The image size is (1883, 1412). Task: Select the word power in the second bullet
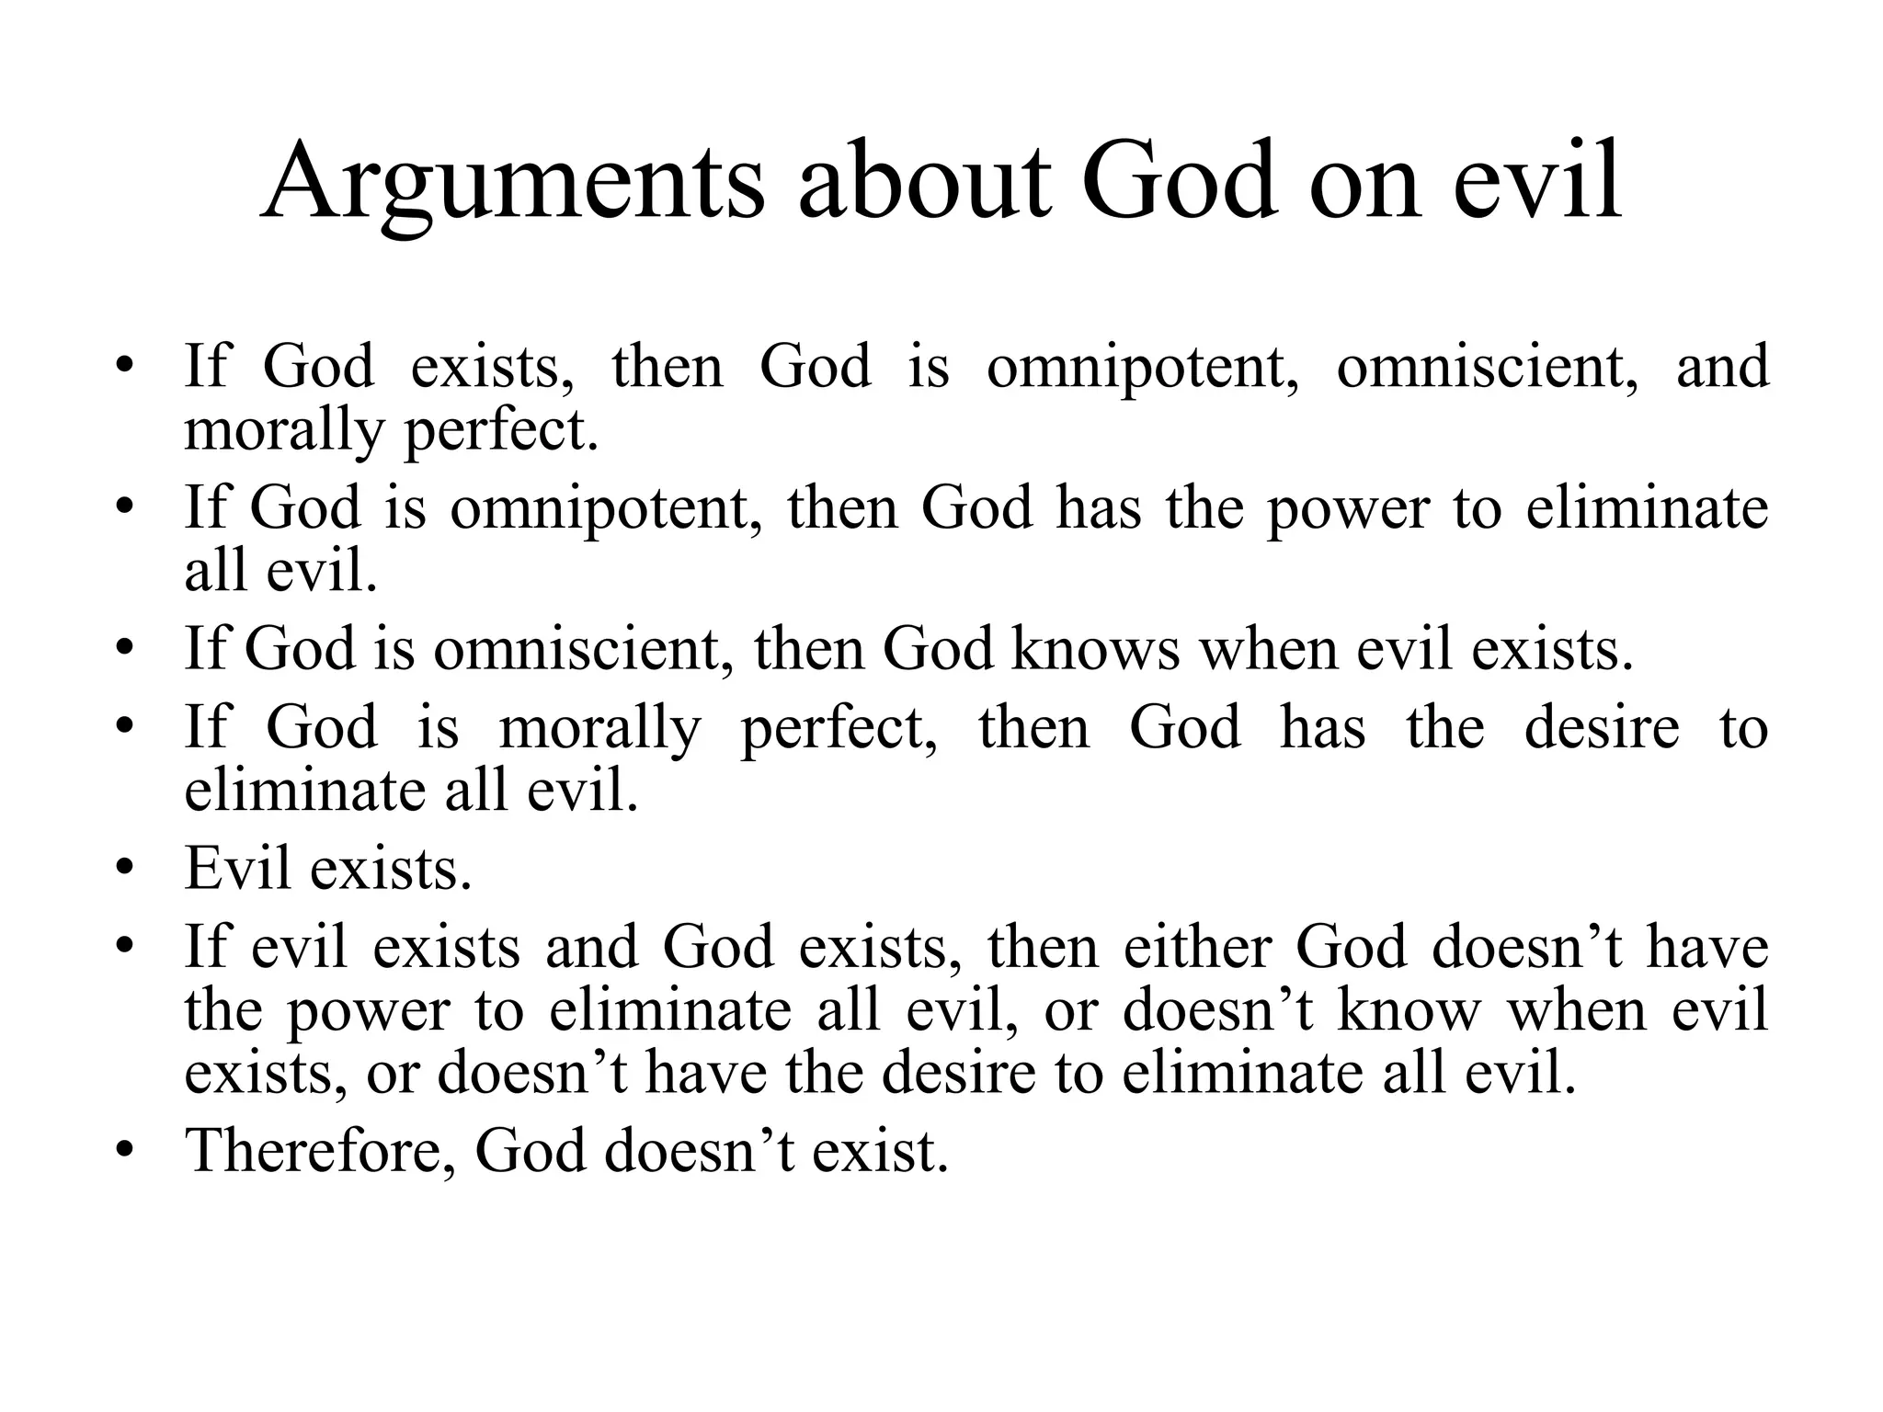coord(1348,507)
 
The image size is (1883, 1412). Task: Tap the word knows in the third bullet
coord(1094,649)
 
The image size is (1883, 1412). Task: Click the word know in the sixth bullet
coord(1409,1010)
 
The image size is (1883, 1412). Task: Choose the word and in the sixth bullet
coord(591,947)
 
